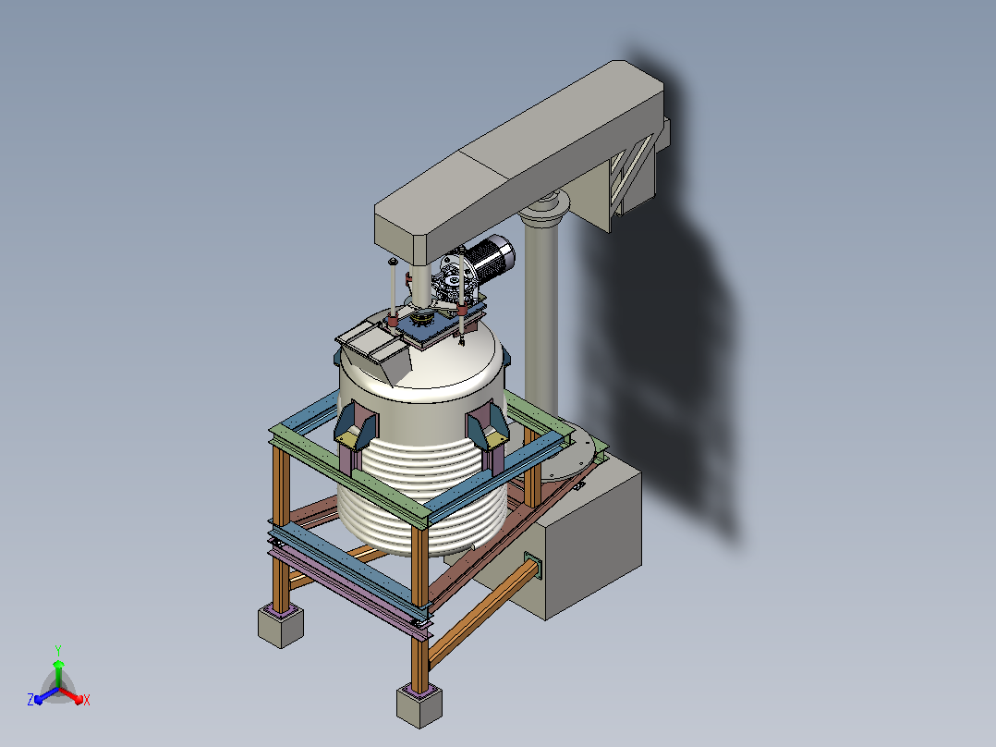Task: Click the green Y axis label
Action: click(58, 650)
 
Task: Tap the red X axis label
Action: click(87, 700)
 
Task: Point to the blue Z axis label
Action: click(30, 700)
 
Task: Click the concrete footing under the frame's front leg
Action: click(419, 705)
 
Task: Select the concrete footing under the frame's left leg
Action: click(281, 626)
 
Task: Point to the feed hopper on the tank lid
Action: click(375, 351)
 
